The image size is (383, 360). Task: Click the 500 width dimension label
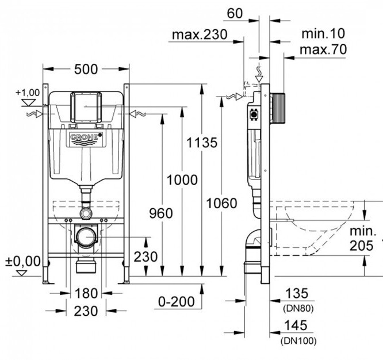click(x=86, y=69)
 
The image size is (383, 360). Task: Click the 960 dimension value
click(x=160, y=213)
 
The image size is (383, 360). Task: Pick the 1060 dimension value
click(x=221, y=203)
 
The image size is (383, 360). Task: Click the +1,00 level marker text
click(x=27, y=92)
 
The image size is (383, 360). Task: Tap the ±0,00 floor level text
click(x=23, y=261)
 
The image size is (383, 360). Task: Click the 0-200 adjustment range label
click(x=175, y=301)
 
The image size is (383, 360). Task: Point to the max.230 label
click(x=198, y=35)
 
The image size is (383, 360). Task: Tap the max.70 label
click(x=323, y=50)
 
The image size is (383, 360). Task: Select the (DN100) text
click(x=298, y=340)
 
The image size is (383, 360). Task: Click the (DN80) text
click(x=298, y=308)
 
